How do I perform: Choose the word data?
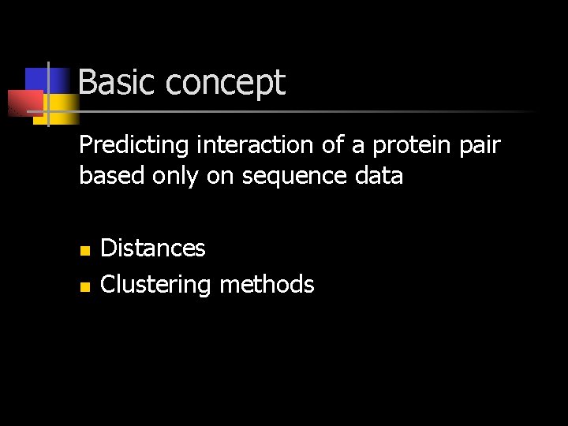(x=380, y=175)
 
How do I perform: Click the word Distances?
(x=153, y=248)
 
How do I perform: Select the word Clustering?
(x=155, y=285)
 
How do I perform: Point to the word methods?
(x=267, y=284)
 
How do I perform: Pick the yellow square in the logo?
(x=62, y=106)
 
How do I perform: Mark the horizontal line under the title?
(x=316, y=112)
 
